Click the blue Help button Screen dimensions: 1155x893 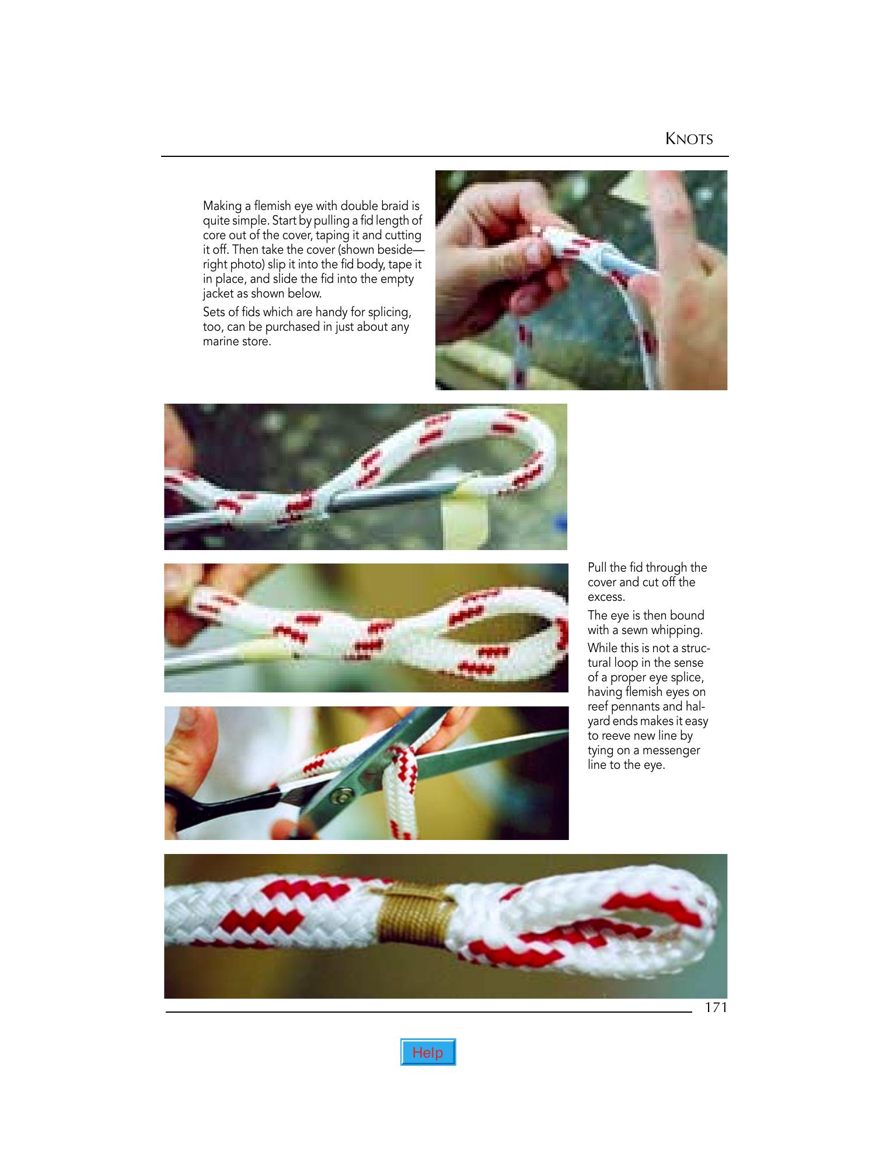click(x=428, y=1052)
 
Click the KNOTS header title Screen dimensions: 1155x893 click(x=689, y=139)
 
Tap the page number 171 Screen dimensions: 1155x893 click(x=716, y=1007)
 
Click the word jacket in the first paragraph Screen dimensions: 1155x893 click(x=218, y=294)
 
